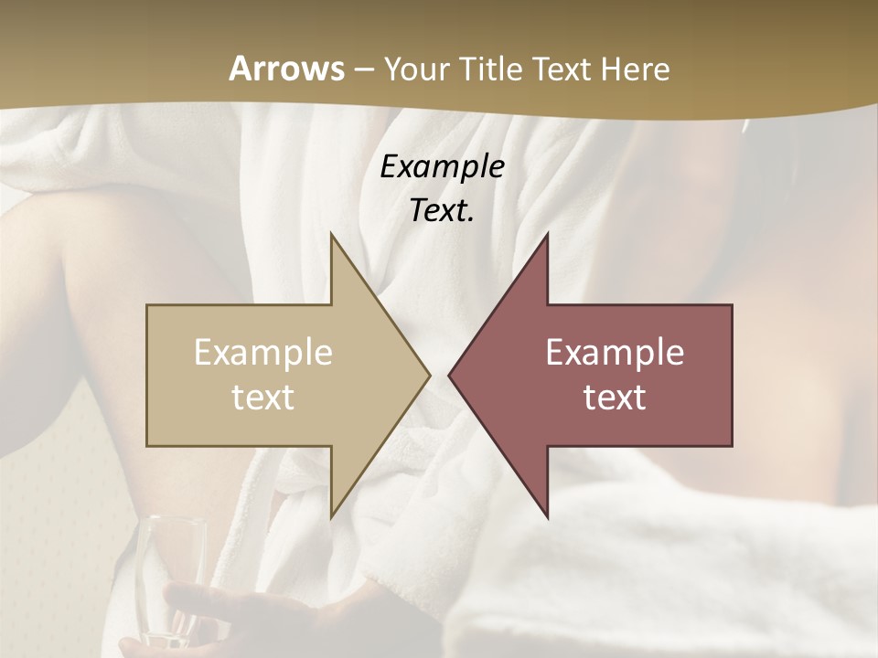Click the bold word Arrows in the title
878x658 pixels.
point(286,69)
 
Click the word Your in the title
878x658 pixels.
point(416,69)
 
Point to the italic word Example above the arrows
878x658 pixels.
point(442,167)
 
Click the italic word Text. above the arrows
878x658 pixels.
point(442,211)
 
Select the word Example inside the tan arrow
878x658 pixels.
point(263,353)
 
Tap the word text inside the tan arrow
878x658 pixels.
point(263,398)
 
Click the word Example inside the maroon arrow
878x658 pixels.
point(615,353)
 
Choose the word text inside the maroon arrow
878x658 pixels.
point(615,398)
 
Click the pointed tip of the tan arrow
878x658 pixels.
point(428,375)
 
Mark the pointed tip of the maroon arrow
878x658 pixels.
point(450,375)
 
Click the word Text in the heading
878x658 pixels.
point(562,69)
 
